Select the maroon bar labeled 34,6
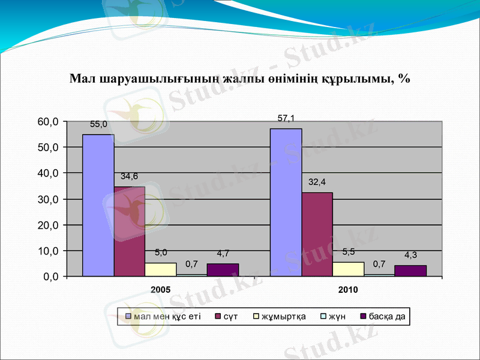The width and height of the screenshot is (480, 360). click(x=129, y=231)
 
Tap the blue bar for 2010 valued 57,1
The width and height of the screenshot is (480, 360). click(x=286, y=202)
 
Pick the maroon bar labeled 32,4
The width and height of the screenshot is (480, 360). click(x=317, y=234)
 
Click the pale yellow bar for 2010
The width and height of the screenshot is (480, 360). click(x=348, y=269)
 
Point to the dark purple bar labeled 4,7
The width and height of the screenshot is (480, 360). click(x=223, y=270)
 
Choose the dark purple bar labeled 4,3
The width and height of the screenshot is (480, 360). click(x=410, y=271)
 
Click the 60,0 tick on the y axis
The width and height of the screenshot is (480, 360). click(x=47, y=122)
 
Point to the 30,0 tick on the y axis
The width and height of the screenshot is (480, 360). click(x=47, y=199)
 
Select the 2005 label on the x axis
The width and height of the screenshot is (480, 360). click(x=160, y=290)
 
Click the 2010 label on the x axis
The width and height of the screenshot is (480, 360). click(x=348, y=290)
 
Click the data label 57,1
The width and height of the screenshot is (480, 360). click(x=286, y=119)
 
